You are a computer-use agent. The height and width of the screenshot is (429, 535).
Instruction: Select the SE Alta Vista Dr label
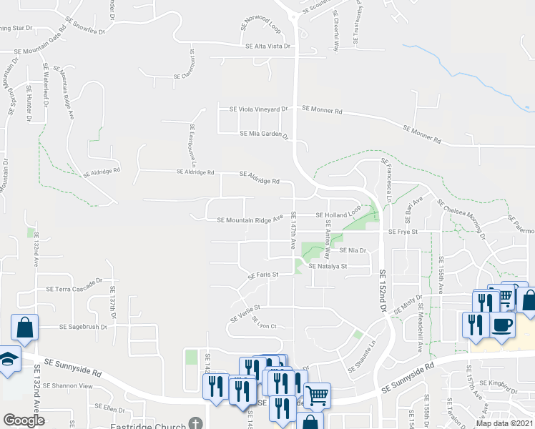pos(268,46)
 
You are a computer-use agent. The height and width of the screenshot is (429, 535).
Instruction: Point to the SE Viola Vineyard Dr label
pos(257,109)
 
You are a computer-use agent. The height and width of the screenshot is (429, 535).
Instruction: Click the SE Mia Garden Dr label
pos(263,134)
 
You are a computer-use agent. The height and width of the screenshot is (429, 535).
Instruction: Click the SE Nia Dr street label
pos(353,251)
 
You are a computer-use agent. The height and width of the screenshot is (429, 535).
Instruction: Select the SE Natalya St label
pos(328,266)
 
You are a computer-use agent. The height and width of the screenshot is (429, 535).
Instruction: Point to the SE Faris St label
pos(262,275)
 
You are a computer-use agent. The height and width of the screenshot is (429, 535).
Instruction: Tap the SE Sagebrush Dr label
pos(82,327)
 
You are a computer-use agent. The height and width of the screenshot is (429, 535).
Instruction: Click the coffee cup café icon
pos(501,324)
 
